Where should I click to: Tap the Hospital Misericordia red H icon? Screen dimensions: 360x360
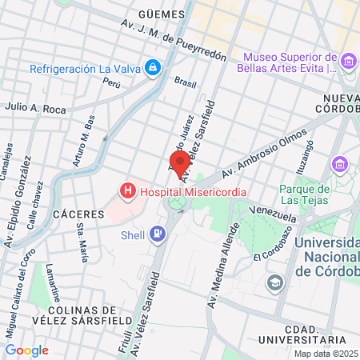click(126, 191)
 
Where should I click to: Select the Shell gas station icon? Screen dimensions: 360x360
click(158, 234)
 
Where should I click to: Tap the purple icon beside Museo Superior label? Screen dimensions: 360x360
click(348, 62)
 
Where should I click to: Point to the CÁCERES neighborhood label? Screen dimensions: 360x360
click(78, 214)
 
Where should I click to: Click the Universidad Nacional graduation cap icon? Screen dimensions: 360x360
click(275, 282)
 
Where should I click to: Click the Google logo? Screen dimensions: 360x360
click(26, 350)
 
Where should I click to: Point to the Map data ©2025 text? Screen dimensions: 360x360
click(326, 354)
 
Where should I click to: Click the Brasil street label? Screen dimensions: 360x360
click(185, 82)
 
